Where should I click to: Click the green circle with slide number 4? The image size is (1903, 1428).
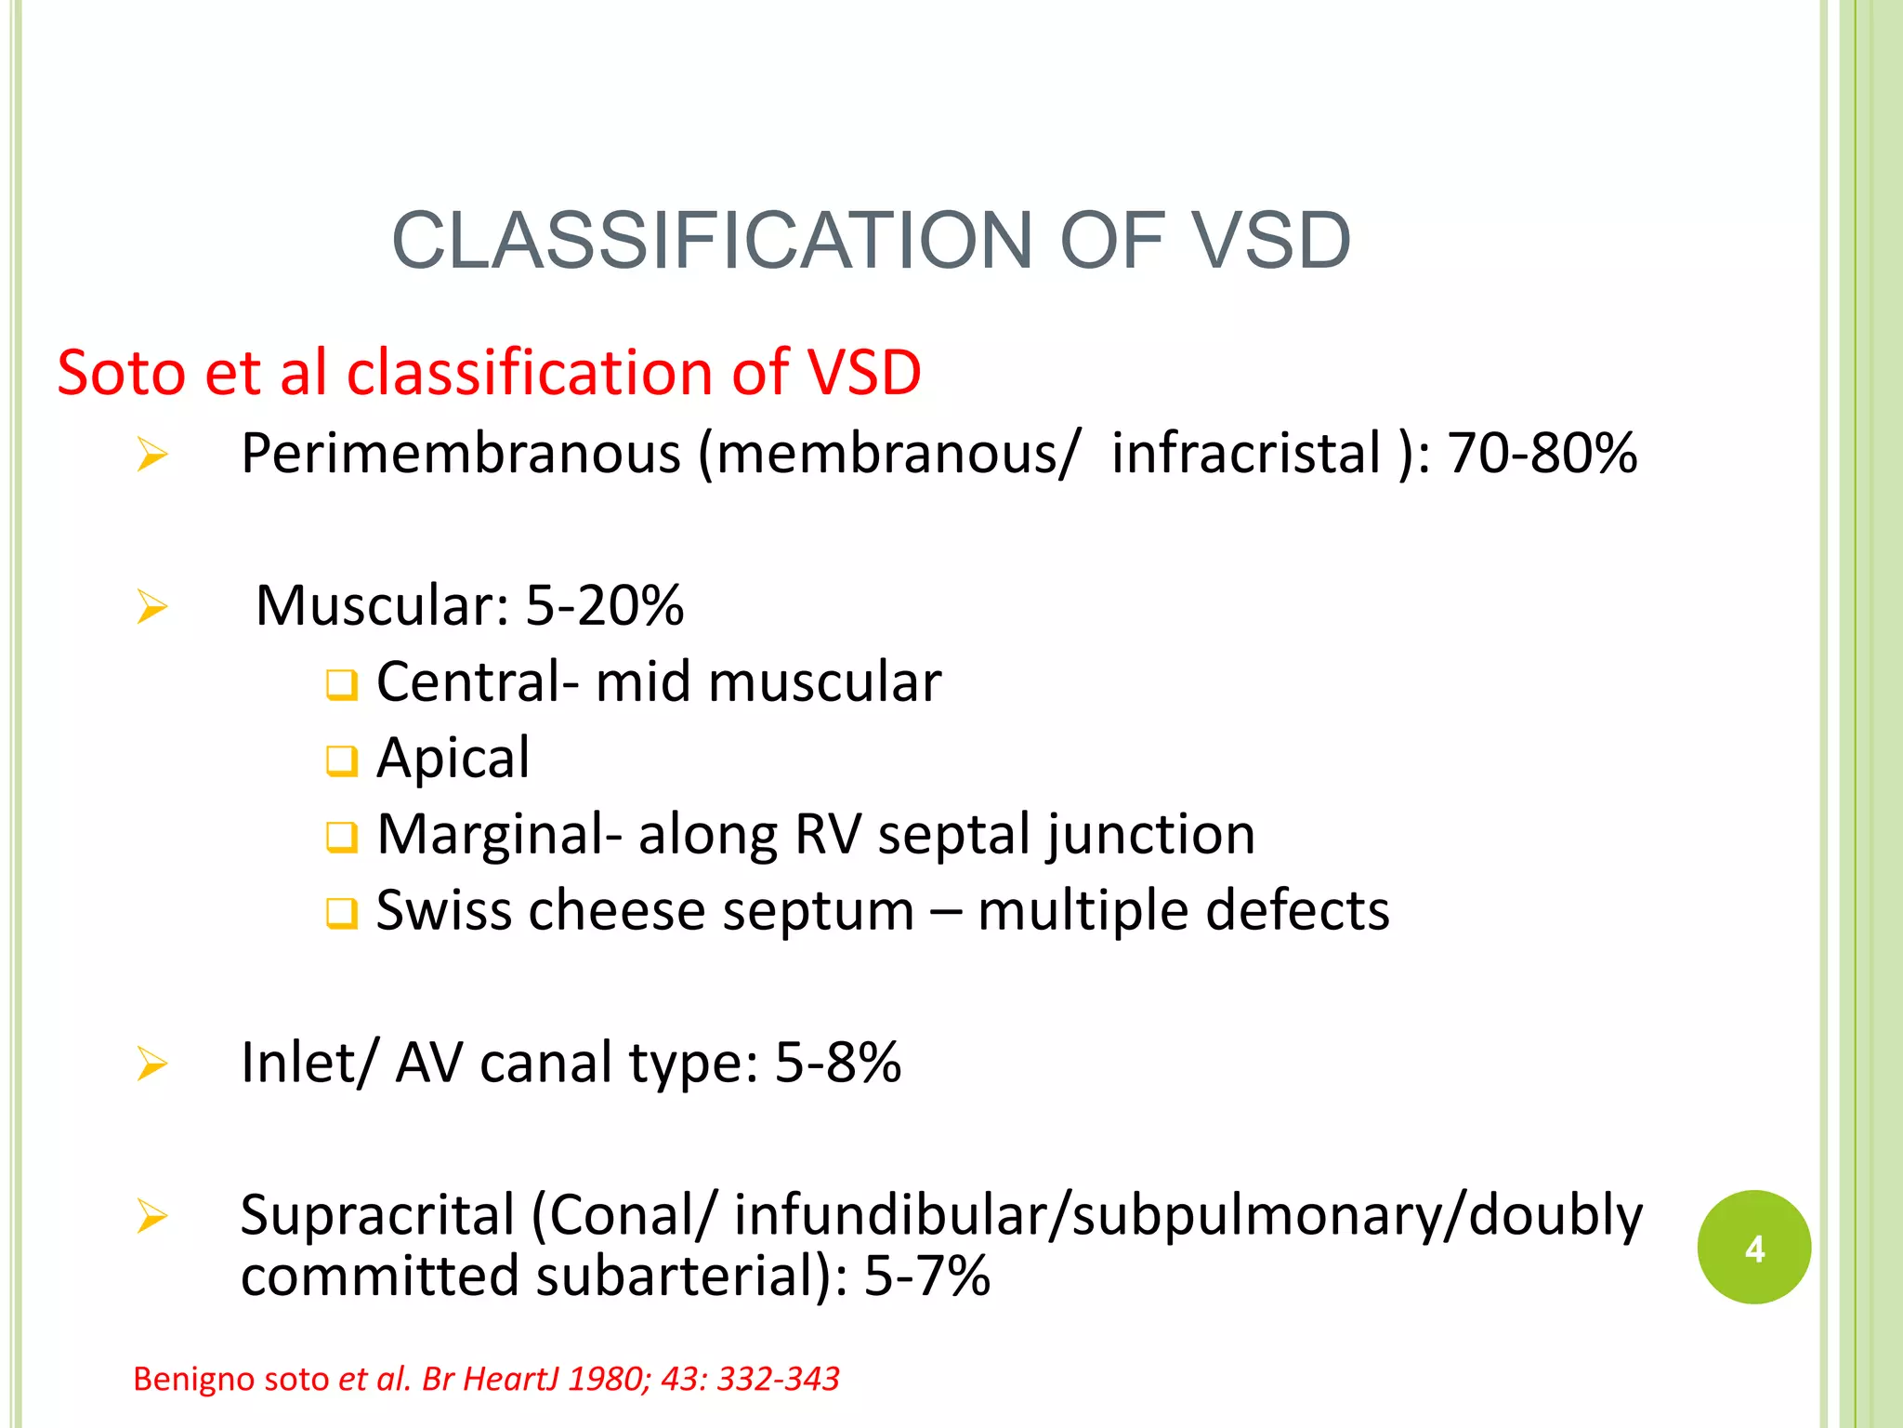[x=1753, y=1247]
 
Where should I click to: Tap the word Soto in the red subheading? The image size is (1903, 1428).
[x=121, y=373]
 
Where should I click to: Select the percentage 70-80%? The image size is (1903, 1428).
[x=1542, y=454]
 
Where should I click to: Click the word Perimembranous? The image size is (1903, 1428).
[x=461, y=455]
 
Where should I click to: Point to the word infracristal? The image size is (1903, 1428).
[x=1246, y=454]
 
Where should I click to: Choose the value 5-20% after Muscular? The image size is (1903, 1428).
[x=605, y=605]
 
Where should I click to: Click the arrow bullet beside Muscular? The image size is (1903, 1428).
[x=151, y=607]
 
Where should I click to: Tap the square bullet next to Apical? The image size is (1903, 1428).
[x=341, y=761]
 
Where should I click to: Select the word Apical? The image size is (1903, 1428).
[x=453, y=758]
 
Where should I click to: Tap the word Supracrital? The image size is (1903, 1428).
[x=377, y=1215]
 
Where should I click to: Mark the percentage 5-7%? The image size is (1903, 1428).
[x=926, y=1276]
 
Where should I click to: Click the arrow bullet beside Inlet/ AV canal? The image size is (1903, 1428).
[x=151, y=1064]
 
